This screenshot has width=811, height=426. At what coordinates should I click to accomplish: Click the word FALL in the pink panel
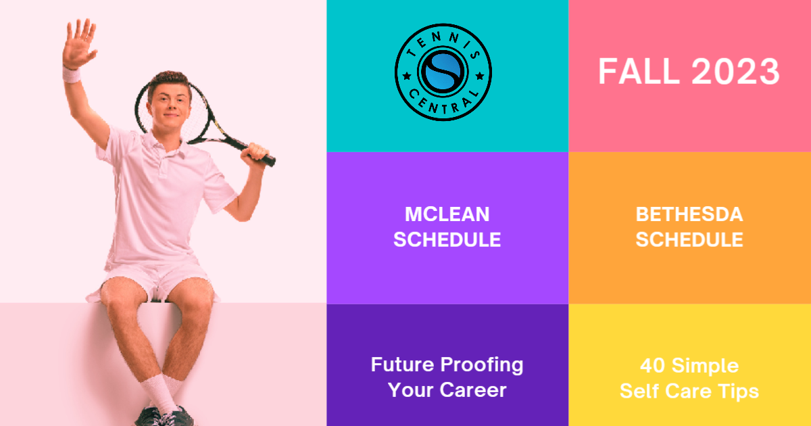[x=639, y=72]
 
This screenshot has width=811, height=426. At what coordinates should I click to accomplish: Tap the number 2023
[x=735, y=72]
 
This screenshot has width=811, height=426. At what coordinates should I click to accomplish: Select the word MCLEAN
[x=447, y=214]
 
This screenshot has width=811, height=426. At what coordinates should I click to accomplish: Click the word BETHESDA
[x=689, y=214]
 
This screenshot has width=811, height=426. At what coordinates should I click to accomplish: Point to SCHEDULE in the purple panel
[x=447, y=239]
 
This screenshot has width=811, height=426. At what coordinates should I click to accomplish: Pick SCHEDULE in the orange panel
[x=689, y=239]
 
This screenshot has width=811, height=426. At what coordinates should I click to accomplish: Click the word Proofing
[x=482, y=366]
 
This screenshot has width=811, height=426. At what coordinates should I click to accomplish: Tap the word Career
[x=473, y=389]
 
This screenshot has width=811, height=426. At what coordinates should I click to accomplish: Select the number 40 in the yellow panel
[x=652, y=366]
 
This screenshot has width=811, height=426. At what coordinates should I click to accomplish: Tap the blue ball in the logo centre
[x=443, y=72]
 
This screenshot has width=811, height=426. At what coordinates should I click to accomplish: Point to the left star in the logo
[x=407, y=76]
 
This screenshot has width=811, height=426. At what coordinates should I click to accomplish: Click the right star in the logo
[x=480, y=76]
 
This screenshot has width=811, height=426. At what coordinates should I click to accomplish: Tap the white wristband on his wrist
[x=72, y=74]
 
